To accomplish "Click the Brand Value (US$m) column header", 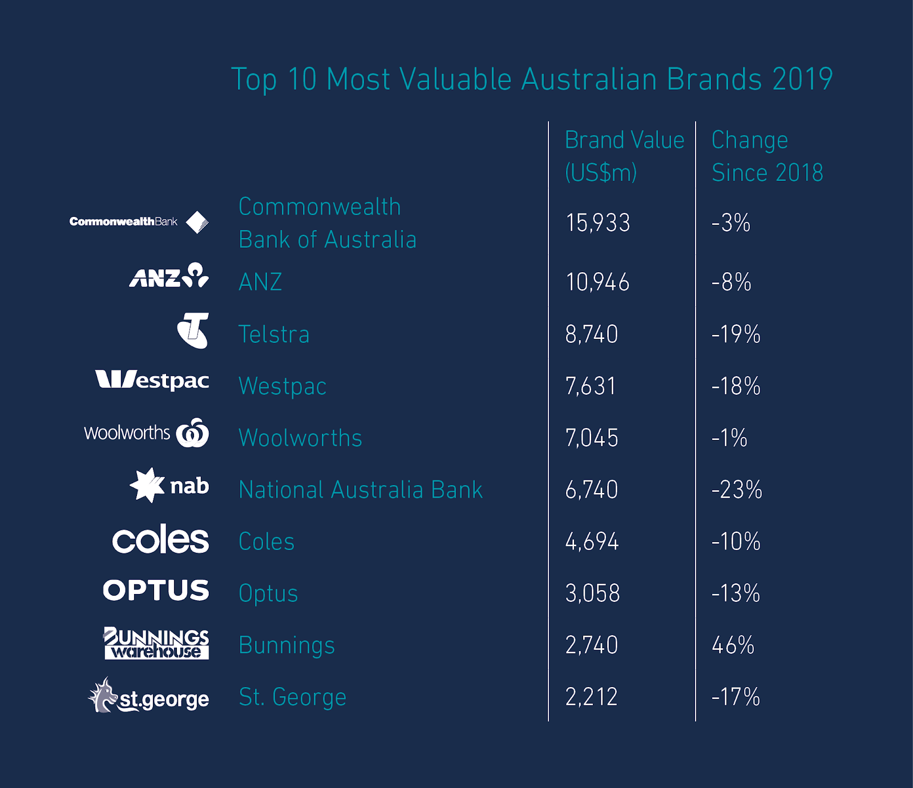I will pyautogui.click(x=624, y=156).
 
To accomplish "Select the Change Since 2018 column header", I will pyautogui.click(x=767, y=156).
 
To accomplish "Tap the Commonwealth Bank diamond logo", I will pyautogui.click(x=197, y=222).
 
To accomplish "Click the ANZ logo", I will pyautogui.click(x=169, y=276).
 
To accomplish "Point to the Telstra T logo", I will pyautogui.click(x=193, y=330).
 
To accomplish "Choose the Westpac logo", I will pyautogui.click(x=152, y=380).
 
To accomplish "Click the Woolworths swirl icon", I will pyautogui.click(x=193, y=433).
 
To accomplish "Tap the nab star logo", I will pyautogui.click(x=147, y=485).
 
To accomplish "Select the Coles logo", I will pyautogui.click(x=160, y=539).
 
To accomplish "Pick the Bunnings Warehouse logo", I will pyautogui.click(x=156, y=643).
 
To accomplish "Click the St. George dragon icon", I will pyautogui.click(x=102, y=695).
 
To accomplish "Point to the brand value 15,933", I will pyautogui.click(x=597, y=223).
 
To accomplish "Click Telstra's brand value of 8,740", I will pyautogui.click(x=591, y=334).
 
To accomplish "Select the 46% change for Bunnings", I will pyautogui.click(x=733, y=645).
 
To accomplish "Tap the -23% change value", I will pyautogui.click(x=736, y=490).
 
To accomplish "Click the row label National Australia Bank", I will pyautogui.click(x=360, y=490).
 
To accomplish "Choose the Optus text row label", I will pyautogui.click(x=268, y=593).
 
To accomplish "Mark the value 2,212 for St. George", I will pyautogui.click(x=591, y=697).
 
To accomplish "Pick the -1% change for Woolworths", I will pyautogui.click(x=729, y=438).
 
